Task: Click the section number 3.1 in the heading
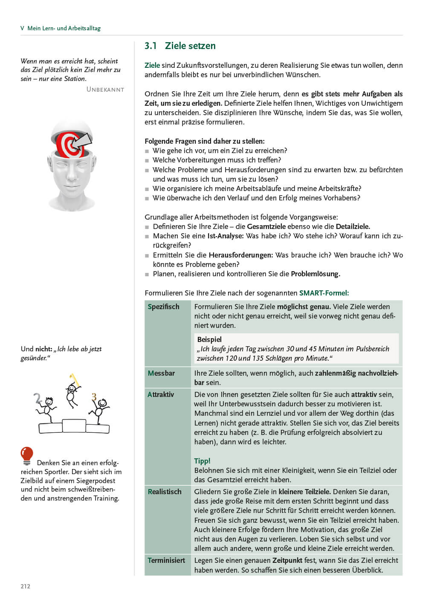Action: tap(150, 46)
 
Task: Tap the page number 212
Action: tap(25, 586)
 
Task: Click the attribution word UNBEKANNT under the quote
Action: tap(105, 90)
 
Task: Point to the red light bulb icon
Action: tap(27, 455)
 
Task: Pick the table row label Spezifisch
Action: tap(163, 307)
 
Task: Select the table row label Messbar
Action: tap(161, 373)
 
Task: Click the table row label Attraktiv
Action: tap(161, 394)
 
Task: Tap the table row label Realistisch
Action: tap(165, 492)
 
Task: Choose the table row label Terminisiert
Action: tap(166, 560)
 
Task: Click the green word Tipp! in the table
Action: tap(202, 461)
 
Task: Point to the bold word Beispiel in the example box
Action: tap(209, 339)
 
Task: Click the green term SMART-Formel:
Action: tap(324, 293)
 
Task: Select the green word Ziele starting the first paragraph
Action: tap(152, 65)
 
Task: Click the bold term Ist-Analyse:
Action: tap(225, 236)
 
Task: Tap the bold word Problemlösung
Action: tap(315, 274)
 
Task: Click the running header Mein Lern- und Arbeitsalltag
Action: tap(64, 28)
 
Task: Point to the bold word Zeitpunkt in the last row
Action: tap(287, 560)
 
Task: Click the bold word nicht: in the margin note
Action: tap(43, 349)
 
